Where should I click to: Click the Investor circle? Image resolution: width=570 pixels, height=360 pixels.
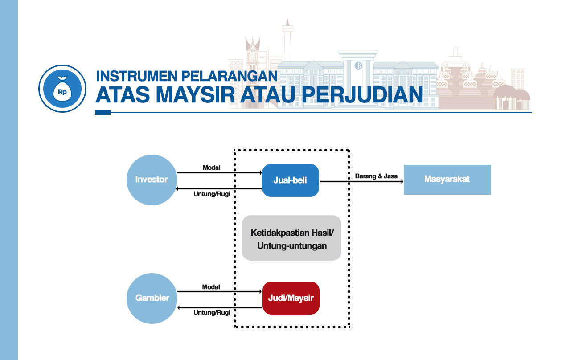(152, 180)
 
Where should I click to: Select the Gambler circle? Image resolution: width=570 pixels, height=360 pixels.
(152, 299)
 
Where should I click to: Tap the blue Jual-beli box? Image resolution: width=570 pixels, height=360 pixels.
(290, 180)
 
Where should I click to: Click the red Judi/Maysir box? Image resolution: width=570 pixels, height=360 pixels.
(291, 298)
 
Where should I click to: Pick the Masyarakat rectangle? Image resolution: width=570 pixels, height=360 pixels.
(447, 180)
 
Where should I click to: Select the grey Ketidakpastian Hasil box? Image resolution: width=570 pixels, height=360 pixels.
(291, 238)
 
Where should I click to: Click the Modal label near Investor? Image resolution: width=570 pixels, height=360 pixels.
(211, 168)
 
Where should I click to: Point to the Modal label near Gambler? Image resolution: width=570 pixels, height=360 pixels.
(211, 287)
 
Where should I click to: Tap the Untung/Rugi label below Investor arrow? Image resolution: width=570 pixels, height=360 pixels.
(212, 194)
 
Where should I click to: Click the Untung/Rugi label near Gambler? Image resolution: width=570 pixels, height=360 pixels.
(212, 312)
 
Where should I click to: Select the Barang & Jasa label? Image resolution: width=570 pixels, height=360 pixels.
(376, 176)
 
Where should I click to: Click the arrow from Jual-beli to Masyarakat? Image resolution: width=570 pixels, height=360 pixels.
(361, 181)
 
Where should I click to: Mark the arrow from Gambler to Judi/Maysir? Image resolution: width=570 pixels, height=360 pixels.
(220, 291)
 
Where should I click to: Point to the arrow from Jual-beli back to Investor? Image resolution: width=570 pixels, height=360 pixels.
(219, 189)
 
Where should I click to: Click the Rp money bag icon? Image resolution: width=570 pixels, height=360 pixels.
(62, 89)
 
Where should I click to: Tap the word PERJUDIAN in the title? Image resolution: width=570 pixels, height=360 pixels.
(362, 94)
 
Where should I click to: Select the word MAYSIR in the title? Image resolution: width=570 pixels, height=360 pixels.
(195, 94)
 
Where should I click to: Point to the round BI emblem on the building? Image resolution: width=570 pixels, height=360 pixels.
(358, 65)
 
